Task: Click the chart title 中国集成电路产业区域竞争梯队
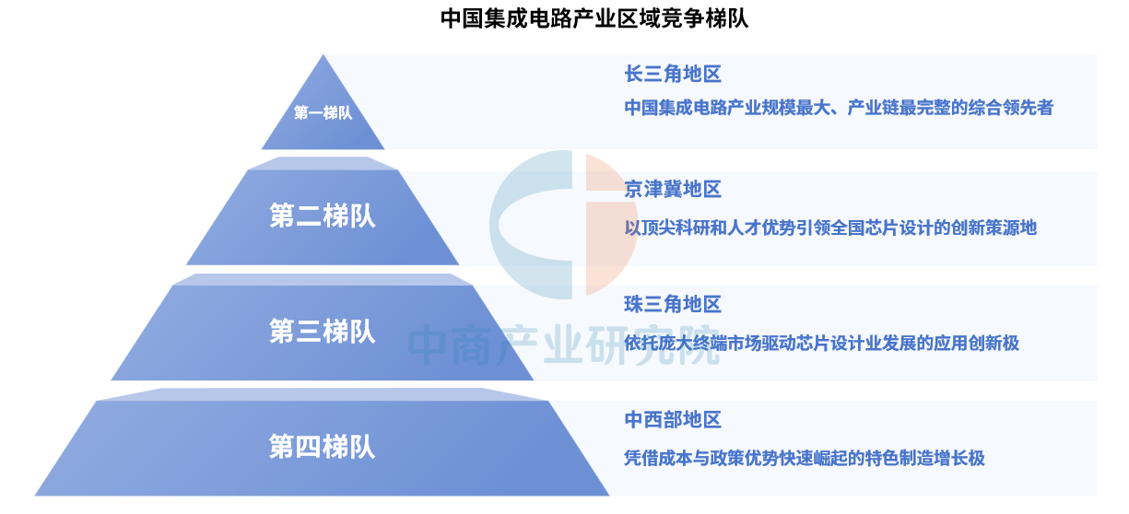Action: (x=594, y=18)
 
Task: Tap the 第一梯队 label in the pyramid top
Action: (x=323, y=112)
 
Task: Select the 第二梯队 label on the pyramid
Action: (x=323, y=216)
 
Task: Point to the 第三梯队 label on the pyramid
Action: (x=323, y=332)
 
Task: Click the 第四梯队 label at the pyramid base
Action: (x=323, y=447)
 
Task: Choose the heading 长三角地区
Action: (x=673, y=74)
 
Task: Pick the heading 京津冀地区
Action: (x=673, y=190)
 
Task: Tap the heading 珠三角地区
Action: (x=673, y=304)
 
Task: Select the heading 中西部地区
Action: (x=673, y=420)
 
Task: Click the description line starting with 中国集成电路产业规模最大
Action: (x=839, y=108)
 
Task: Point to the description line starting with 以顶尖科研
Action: (x=830, y=228)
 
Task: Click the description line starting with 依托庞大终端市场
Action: (x=821, y=344)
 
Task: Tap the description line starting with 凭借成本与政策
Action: (x=805, y=459)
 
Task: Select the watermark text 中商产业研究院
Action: (x=563, y=345)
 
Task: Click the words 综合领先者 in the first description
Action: (x=1010, y=108)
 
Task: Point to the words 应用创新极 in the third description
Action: (x=976, y=344)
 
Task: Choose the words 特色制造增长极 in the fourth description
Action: (x=925, y=459)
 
